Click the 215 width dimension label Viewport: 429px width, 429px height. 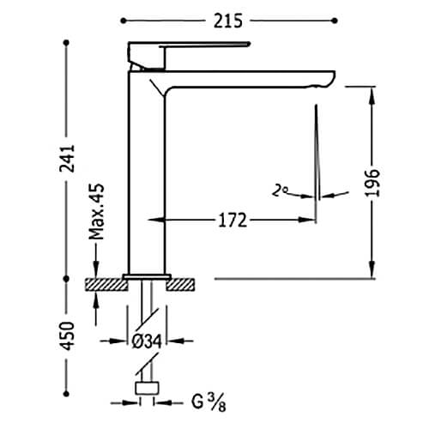pyautogui.click(x=228, y=21)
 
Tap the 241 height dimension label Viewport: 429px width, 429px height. pyautogui.click(x=67, y=159)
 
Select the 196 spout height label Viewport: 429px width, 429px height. pyautogui.click(x=372, y=183)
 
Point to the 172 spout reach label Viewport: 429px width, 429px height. pyautogui.click(x=233, y=221)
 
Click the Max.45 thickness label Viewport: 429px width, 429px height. pyautogui.click(x=96, y=212)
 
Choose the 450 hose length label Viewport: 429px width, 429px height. pyautogui.click(x=68, y=336)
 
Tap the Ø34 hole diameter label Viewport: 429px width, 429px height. pyautogui.click(x=147, y=341)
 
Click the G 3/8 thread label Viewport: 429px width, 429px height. pyautogui.click(x=208, y=402)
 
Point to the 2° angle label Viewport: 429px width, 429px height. pyautogui.click(x=280, y=190)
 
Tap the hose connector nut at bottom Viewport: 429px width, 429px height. pyautogui.click(x=147, y=388)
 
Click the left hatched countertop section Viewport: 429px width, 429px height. pyautogui.click(x=106, y=285)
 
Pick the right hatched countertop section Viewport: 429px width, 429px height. pyautogui.click(x=180, y=285)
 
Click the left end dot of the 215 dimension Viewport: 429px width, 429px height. pyautogui.click(x=124, y=21)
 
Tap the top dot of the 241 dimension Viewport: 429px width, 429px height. pyautogui.click(x=67, y=43)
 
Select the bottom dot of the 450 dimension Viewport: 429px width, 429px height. pyautogui.click(x=67, y=394)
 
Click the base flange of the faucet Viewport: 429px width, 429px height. pyautogui.click(x=148, y=276)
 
